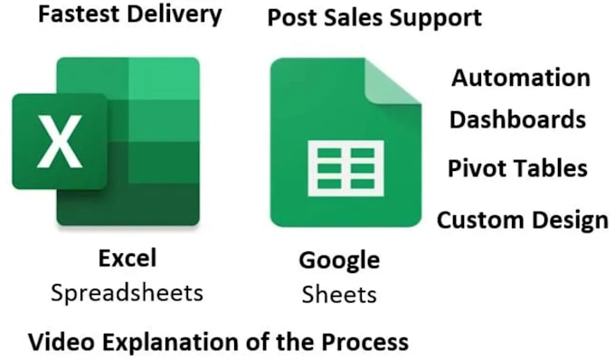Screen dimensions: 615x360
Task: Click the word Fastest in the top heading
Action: point(80,14)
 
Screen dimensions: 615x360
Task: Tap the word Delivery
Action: point(175,15)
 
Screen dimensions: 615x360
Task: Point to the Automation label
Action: point(521,78)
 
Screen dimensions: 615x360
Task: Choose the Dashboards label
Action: point(517,119)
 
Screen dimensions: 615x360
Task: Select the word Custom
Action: point(481,220)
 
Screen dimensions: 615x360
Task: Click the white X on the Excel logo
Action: point(60,142)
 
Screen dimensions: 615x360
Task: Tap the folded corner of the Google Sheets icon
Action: point(393,81)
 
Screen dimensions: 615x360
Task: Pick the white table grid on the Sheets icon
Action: point(345,168)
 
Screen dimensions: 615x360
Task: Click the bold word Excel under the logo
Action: point(128,258)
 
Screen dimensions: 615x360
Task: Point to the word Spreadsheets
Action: point(128,294)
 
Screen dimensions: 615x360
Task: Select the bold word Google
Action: point(340,261)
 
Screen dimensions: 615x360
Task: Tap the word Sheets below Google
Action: point(339,295)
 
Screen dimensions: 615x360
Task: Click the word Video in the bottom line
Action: point(61,342)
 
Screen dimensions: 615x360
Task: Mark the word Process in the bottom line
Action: point(365,342)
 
